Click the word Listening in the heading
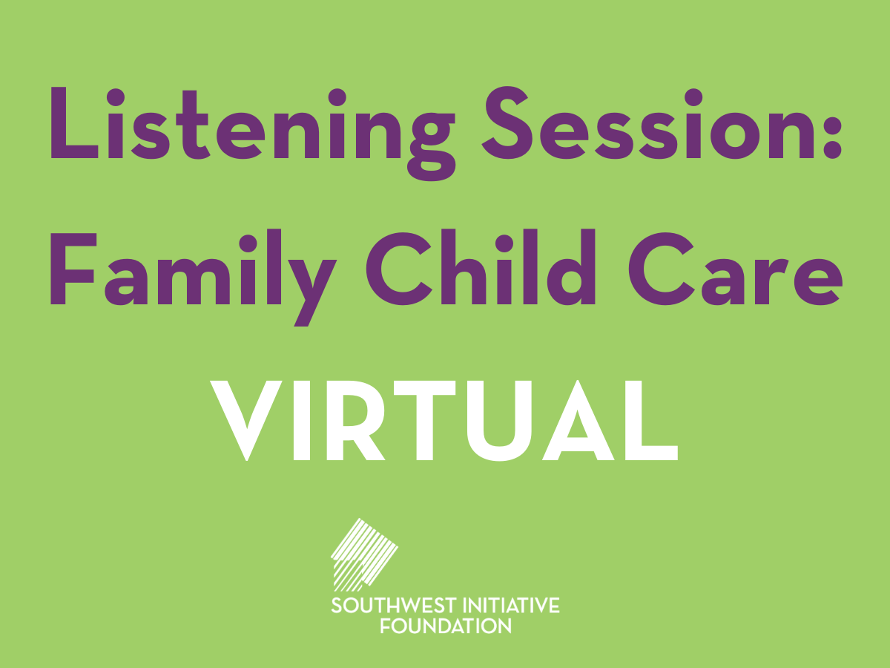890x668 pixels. (x=253, y=133)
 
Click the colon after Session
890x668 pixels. (x=833, y=133)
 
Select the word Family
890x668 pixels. (x=194, y=278)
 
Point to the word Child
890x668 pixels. (x=481, y=267)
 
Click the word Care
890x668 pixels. (x=736, y=269)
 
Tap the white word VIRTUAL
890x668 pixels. (x=444, y=421)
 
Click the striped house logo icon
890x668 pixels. (x=364, y=555)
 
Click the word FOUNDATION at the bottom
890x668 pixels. (x=446, y=626)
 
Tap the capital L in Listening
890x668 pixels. (x=74, y=122)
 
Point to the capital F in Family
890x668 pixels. (x=73, y=269)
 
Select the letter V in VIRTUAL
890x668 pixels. (x=246, y=421)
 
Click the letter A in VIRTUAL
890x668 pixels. (x=578, y=420)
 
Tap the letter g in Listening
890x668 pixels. (x=432, y=146)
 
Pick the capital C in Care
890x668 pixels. (x=661, y=269)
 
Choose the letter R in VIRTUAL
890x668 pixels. (x=355, y=420)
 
